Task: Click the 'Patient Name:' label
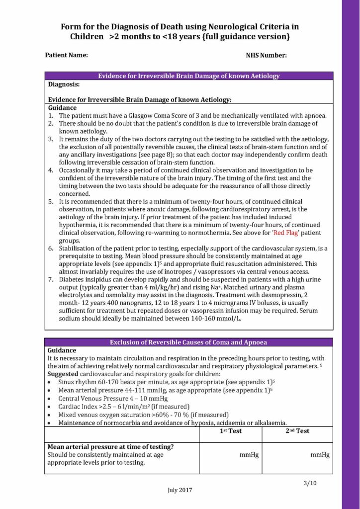click(x=67, y=55)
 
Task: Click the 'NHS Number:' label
click(x=266, y=55)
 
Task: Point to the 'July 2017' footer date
click(x=180, y=490)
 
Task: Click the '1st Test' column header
click(x=231, y=431)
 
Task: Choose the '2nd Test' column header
click(x=297, y=431)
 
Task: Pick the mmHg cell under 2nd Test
click(x=320, y=454)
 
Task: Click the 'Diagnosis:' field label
click(x=64, y=85)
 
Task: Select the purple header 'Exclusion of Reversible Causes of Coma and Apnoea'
click(x=188, y=342)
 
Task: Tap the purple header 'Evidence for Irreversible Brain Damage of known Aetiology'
click(x=188, y=76)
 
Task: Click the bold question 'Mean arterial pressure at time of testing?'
click(x=110, y=446)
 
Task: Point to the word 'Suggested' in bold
click(x=63, y=373)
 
